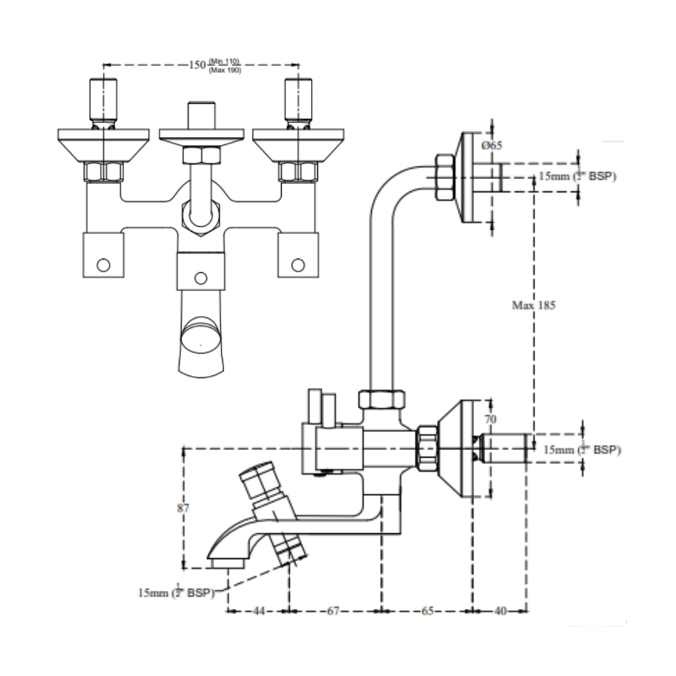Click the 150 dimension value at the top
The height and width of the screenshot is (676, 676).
(197, 65)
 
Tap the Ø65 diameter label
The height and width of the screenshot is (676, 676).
(493, 146)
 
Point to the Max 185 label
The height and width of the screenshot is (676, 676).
(534, 306)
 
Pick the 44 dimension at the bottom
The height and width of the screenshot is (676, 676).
(258, 611)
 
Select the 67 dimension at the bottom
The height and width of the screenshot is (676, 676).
(334, 611)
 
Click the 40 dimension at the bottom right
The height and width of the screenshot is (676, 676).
(501, 611)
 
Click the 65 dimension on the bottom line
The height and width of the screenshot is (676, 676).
(426, 611)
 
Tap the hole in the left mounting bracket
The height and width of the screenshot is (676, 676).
(104, 265)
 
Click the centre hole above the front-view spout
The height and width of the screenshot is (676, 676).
(200, 277)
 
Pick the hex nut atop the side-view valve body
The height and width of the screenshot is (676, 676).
(381, 399)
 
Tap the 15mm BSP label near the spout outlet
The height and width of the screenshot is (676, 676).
(177, 591)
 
